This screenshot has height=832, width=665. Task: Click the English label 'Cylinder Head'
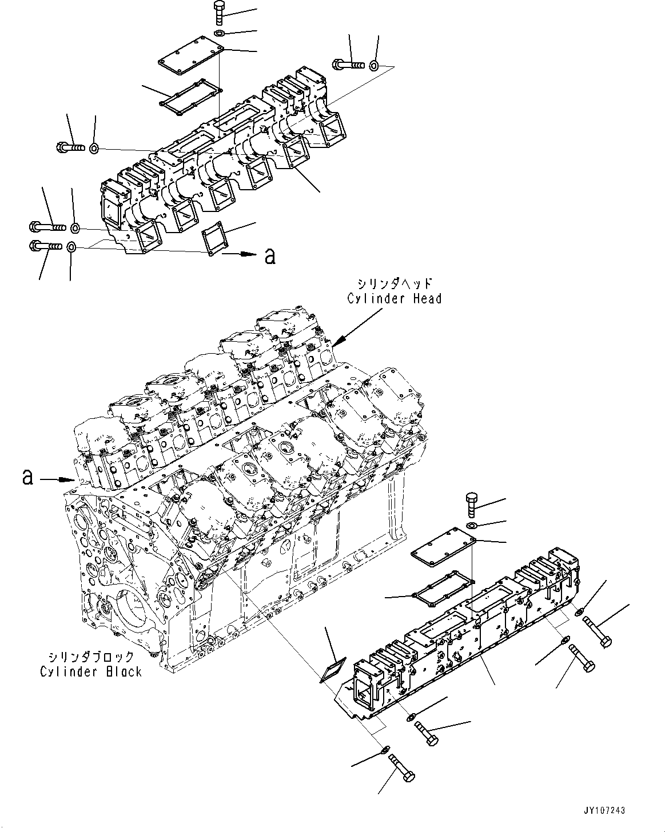395,298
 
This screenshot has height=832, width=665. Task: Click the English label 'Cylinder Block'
90,671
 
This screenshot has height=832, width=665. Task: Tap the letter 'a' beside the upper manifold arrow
270,257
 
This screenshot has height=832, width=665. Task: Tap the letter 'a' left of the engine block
27,477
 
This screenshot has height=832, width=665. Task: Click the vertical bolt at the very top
220,13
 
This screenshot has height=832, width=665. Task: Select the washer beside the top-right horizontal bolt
374,65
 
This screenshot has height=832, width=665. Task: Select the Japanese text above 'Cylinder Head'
395,284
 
